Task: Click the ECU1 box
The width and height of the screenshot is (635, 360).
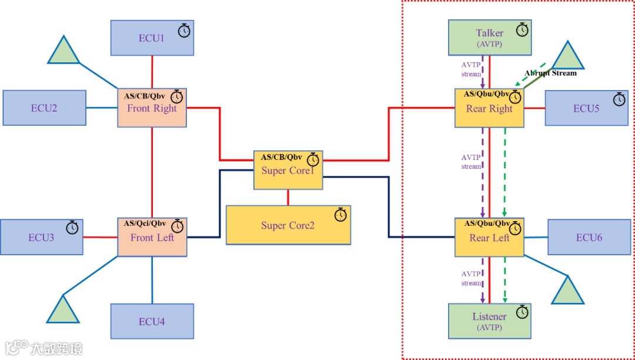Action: pos(152,38)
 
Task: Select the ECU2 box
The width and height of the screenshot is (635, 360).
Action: pos(45,108)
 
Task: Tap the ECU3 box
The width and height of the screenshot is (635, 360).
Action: pos(41,237)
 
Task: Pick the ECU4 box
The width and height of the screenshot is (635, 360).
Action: pos(152,321)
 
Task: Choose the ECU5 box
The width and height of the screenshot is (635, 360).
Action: pos(586,108)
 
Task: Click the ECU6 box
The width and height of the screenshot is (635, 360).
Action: pos(589,237)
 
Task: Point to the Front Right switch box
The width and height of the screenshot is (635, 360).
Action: pos(152,108)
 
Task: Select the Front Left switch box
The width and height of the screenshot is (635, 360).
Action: pos(152,238)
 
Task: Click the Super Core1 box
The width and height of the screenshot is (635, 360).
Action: pos(288,171)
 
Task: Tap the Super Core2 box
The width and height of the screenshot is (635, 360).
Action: pos(288,225)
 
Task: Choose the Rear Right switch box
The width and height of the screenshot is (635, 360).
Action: pos(489,108)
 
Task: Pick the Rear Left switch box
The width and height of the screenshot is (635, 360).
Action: pos(489,238)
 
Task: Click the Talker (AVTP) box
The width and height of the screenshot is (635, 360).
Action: pos(489,37)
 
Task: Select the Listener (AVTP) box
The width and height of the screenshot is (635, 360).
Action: pos(489,321)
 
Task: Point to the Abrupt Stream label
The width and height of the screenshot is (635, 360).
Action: pos(551,74)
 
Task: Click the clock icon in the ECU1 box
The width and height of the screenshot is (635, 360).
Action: pos(185,31)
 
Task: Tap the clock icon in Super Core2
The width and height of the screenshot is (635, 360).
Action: pos(341,215)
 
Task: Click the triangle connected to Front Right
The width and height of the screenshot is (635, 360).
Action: pos(63,51)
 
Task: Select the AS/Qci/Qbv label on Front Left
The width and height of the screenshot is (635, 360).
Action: pos(145,224)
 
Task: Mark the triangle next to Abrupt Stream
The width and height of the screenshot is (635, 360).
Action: pos(567,56)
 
